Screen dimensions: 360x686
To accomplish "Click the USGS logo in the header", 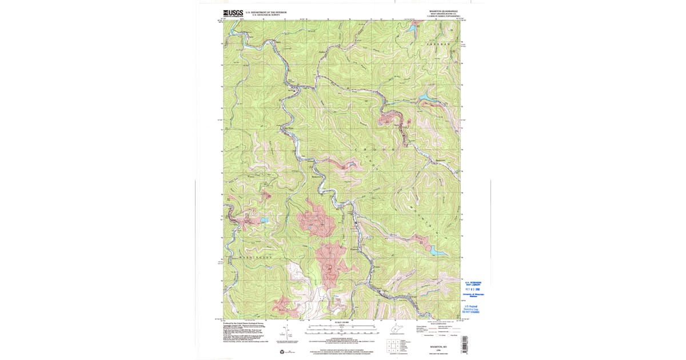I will [x=233, y=13].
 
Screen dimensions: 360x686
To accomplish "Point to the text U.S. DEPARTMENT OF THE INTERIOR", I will [x=266, y=12].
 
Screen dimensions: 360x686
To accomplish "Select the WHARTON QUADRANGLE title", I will [x=444, y=11].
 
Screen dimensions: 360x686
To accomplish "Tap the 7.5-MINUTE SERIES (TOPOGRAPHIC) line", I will [x=444, y=17].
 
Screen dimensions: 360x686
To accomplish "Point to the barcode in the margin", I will [x=464, y=343].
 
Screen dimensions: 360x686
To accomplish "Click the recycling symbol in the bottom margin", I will [x=282, y=351].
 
